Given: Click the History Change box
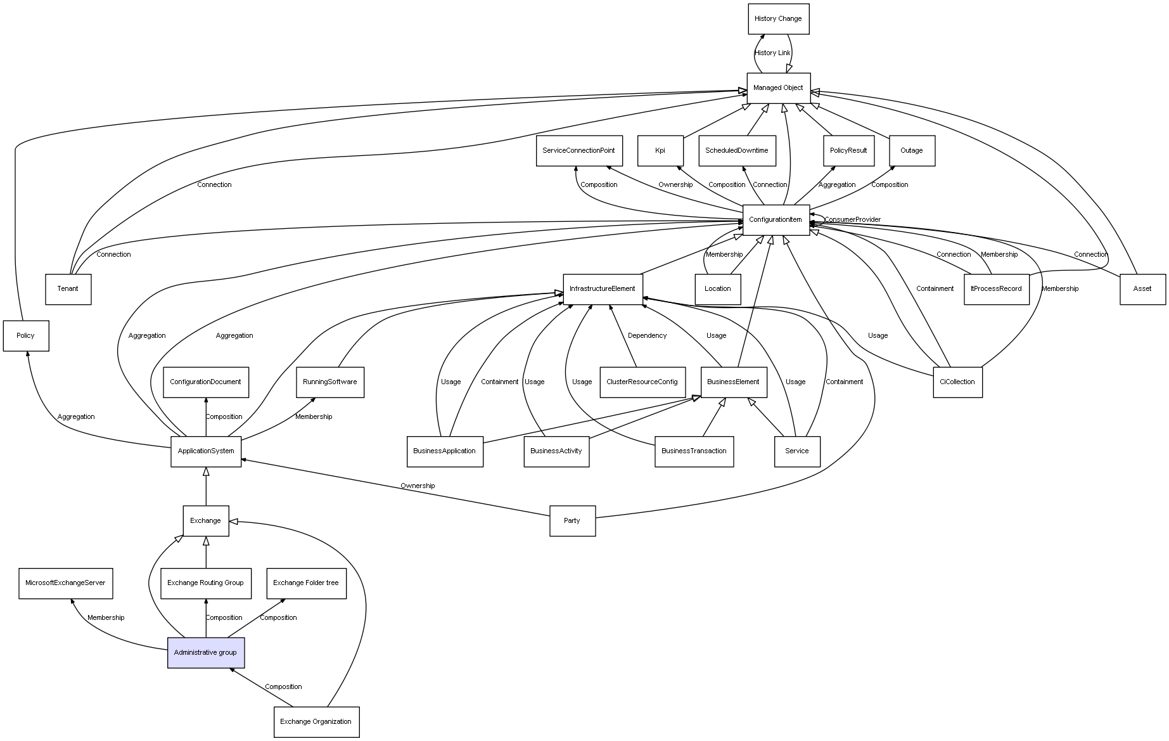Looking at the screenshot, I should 778,19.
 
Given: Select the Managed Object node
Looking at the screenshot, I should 778,88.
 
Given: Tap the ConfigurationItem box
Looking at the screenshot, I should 776,220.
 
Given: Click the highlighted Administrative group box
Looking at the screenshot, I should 205,653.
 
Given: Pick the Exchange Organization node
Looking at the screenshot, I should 316,722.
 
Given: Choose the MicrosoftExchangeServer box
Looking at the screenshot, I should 65,583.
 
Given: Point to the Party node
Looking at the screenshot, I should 572,521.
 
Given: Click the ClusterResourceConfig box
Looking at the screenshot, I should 642,382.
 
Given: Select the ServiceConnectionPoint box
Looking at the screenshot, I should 578,151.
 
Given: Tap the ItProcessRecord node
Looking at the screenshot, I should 996,289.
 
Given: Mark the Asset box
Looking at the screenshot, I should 1142,289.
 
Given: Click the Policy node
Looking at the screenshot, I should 26,336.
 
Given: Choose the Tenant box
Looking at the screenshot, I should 68,289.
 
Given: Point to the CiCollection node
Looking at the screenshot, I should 957,382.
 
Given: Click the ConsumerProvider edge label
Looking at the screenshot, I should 852,220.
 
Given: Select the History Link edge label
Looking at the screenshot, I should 772,53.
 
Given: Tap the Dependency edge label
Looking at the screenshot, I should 647,336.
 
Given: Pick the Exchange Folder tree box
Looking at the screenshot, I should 306,583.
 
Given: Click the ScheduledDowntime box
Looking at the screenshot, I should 737,151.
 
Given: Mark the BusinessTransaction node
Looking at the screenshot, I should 694,451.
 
